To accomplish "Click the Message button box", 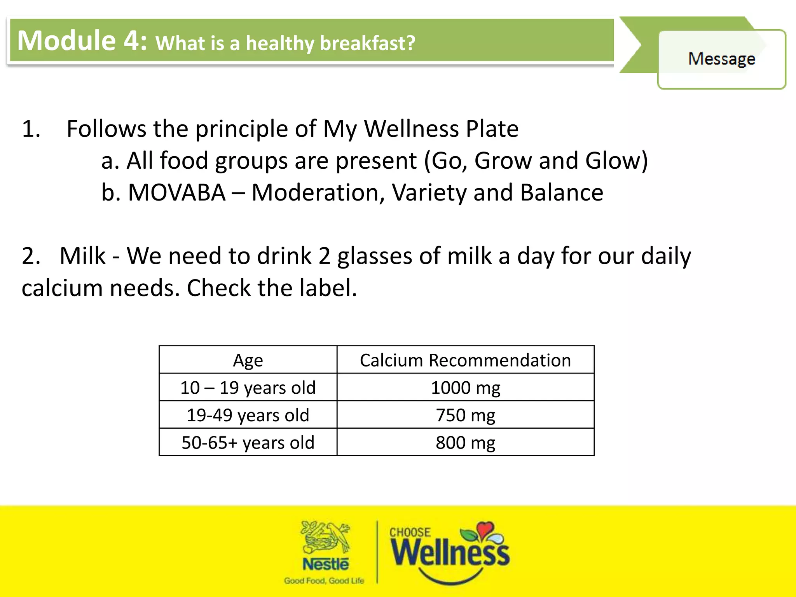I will point(721,59).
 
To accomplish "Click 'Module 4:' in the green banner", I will point(82,40).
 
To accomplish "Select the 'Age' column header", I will point(248,360).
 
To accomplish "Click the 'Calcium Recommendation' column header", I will point(465,360).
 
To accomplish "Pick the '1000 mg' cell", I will point(465,388).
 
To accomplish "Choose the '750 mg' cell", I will point(465,415).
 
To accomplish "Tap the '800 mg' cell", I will point(465,442).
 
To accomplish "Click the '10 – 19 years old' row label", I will point(248,388).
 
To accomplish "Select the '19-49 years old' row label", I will point(248,415).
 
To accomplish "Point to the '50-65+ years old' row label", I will point(248,442).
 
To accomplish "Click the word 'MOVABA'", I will point(177,192).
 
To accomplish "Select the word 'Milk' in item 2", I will point(82,256).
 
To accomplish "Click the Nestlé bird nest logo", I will point(326,538).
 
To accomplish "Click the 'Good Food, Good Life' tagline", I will point(324,581).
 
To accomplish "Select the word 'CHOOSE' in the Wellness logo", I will point(410,532).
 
